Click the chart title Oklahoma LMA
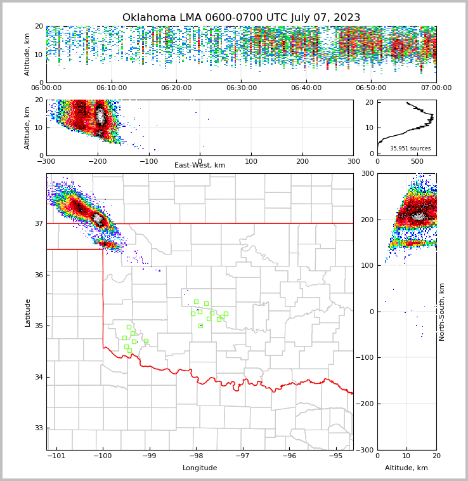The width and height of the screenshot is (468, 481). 241,18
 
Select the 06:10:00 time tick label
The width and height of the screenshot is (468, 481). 111,88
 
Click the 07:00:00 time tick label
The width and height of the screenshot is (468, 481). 436,88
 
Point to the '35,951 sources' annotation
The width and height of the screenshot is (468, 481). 410,148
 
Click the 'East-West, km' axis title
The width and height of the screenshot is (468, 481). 200,166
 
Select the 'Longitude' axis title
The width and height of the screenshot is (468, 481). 200,468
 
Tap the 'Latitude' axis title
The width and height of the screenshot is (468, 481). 27,312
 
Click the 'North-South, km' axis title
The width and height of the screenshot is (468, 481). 442,312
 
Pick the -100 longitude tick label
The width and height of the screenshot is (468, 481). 103,456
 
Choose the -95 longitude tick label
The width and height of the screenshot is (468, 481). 335,456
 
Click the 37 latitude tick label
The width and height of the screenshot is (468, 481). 39,223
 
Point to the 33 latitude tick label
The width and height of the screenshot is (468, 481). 39,428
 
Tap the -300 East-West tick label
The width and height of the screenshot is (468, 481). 46,161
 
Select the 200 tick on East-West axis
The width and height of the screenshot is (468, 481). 302,161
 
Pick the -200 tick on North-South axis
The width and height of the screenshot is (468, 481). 365,404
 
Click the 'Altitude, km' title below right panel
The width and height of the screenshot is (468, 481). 406,468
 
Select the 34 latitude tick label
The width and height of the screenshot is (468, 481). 39,377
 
